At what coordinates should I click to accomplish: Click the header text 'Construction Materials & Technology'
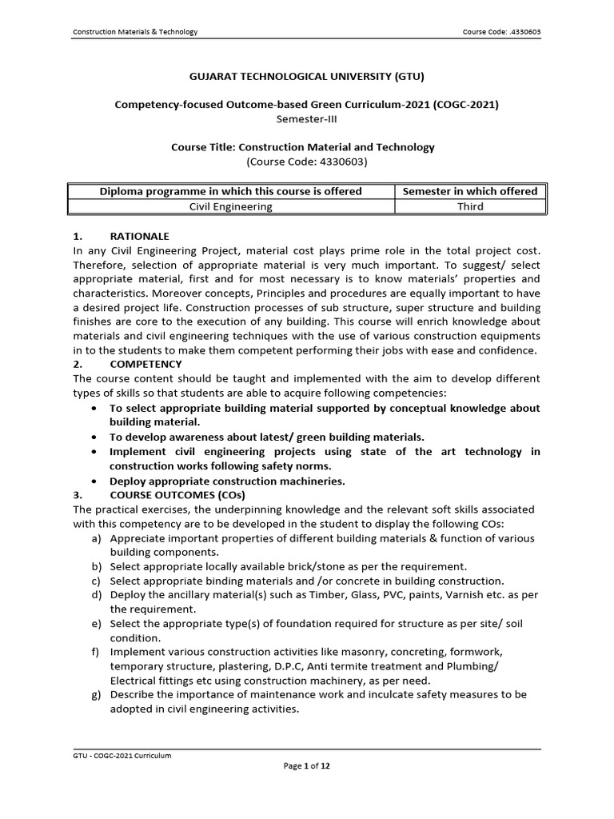[135, 32]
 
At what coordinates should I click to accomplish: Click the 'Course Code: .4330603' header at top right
[501, 32]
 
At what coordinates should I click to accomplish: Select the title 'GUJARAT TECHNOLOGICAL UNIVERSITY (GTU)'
[307, 77]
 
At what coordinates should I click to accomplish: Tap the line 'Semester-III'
[307, 118]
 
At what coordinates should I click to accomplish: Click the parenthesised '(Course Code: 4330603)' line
[307, 162]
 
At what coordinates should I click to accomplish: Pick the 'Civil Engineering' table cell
[230, 206]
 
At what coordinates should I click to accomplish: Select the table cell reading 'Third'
[470, 206]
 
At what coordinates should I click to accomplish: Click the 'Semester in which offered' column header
[470, 191]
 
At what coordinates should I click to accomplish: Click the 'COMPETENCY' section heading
[146, 364]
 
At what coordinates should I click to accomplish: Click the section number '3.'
[78, 495]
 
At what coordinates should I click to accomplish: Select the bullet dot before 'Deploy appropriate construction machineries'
[95, 481]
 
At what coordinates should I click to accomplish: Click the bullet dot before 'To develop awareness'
[95, 437]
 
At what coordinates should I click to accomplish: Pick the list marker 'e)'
[96, 624]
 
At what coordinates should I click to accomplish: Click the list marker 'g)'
[96, 694]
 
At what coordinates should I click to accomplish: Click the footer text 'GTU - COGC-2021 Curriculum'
[122, 755]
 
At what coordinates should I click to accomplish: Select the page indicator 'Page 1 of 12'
[307, 765]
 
